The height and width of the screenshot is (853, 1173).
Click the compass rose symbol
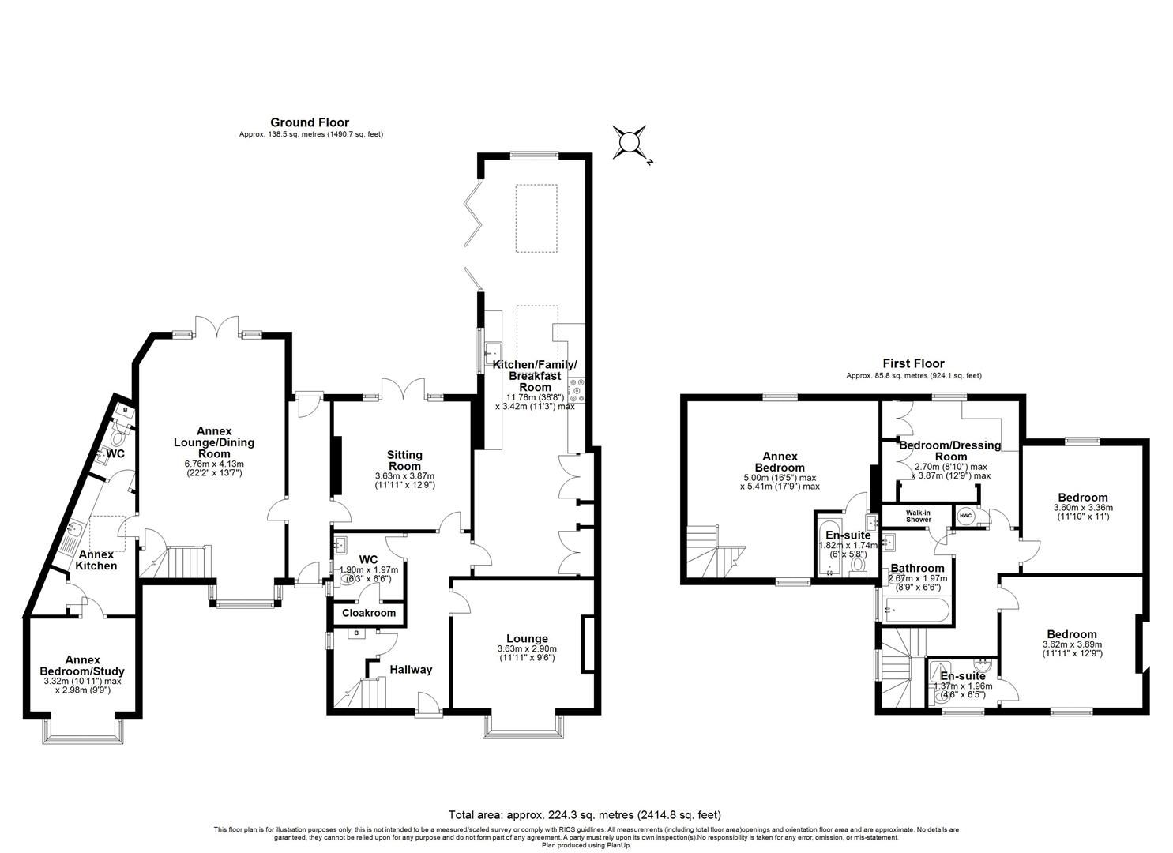pyautogui.click(x=629, y=142)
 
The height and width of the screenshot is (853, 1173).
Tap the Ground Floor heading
pyautogui.click(x=310, y=122)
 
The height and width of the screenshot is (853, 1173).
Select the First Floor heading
pyautogui.click(x=913, y=363)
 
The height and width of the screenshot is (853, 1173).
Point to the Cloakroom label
pyautogui.click(x=369, y=613)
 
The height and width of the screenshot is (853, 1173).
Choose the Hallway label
pyautogui.click(x=411, y=670)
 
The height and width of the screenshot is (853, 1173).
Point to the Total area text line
pyautogui.click(x=585, y=814)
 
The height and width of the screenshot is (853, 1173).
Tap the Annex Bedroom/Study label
pyautogui.click(x=82, y=665)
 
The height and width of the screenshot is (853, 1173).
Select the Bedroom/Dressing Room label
pyautogui.click(x=950, y=450)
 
